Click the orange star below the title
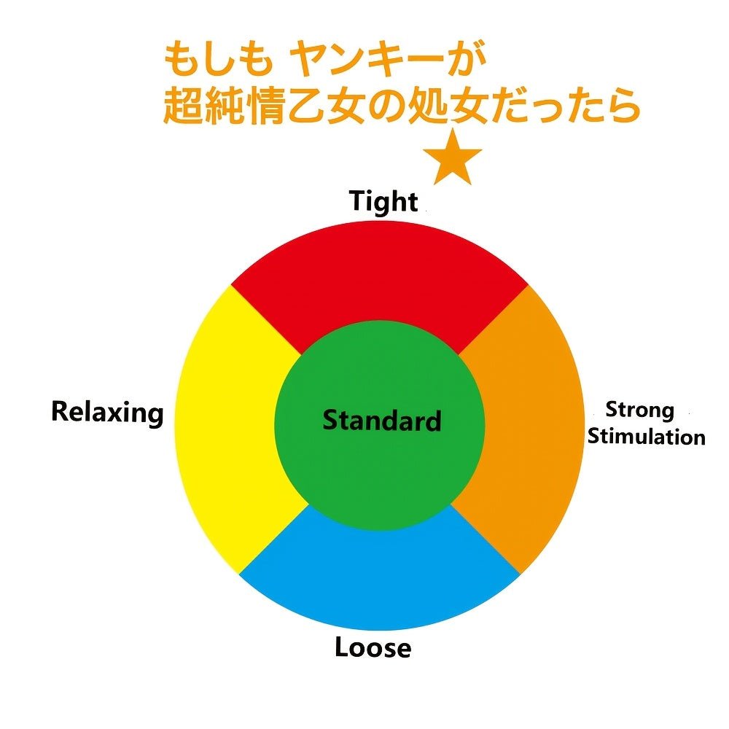tap(452, 158)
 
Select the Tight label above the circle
tap(383, 201)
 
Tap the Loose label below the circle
tap(373, 647)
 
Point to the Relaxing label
tap(107, 413)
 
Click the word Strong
tap(640, 410)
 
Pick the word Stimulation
tap(646, 436)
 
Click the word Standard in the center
tap(382, 421)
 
